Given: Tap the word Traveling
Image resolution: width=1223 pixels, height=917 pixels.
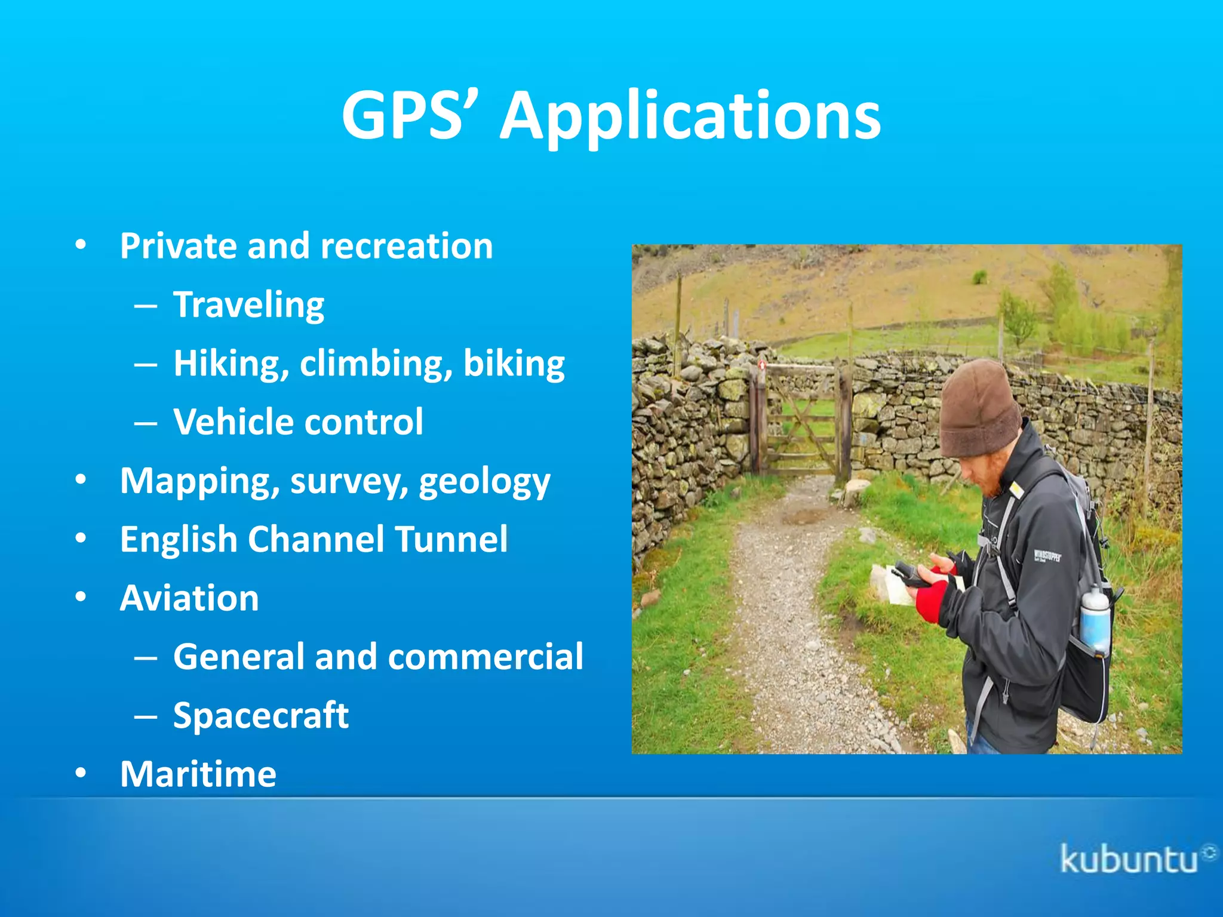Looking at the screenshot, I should tap(248, 305).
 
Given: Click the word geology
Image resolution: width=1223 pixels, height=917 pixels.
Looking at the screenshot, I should tap(484, 482).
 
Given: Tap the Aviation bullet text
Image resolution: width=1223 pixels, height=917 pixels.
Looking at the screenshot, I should tap(189, 598).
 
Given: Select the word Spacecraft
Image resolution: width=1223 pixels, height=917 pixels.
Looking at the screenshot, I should tap(260, 715).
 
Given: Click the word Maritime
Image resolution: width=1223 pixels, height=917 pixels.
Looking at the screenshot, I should tap(198, 774).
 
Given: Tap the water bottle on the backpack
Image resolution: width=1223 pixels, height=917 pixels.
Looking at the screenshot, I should tap(1095, 621).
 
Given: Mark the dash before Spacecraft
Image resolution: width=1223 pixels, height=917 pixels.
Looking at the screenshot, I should tap(146, 716).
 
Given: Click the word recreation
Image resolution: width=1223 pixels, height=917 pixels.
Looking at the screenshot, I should tap(407, 246).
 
